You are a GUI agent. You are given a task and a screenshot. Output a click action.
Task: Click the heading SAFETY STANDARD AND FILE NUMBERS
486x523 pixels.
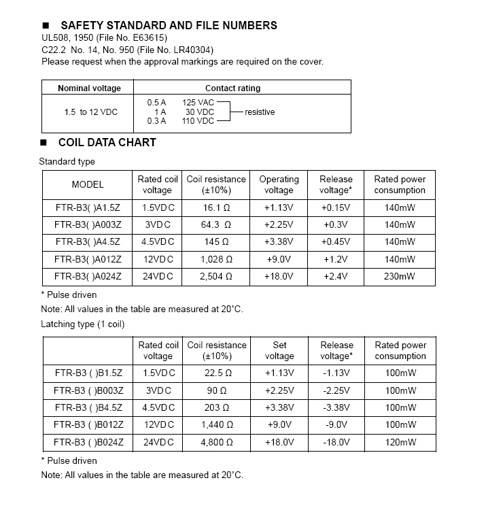click(169, 25)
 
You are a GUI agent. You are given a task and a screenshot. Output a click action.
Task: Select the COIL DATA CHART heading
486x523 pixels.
click(107, 142)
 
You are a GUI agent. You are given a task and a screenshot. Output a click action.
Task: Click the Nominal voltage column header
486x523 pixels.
click(89, 88)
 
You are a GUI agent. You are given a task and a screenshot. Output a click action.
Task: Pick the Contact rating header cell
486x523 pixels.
click(232, 88)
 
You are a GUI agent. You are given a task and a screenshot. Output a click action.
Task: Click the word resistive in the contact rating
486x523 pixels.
click(260, 112)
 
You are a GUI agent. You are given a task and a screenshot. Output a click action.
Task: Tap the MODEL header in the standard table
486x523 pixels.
click(88, 184)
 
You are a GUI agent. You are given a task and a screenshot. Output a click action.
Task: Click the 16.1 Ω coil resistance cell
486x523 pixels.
click(216, 208)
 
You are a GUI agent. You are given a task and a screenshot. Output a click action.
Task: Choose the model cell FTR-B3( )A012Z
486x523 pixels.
click(88, 259)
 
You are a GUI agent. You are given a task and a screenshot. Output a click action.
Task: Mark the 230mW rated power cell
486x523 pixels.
click(400, 277)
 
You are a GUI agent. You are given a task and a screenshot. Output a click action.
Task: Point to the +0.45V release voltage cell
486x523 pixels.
click(336, 242)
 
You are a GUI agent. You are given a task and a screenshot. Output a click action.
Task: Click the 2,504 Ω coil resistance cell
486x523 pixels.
click(216, 277)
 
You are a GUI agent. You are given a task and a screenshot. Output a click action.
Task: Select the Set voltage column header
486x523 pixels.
click(279, 350)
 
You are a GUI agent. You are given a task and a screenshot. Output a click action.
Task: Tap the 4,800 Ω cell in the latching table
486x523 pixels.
click(217, 442)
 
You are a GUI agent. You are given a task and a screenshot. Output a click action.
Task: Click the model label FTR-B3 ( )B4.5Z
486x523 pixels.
click(88, 407)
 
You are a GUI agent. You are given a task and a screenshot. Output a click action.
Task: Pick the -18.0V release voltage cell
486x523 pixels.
click(336, 442)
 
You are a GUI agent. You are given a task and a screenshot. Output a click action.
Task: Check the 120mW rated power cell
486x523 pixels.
click(400, 442)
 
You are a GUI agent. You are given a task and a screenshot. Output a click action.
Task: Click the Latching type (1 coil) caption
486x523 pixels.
click(83, 324)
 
